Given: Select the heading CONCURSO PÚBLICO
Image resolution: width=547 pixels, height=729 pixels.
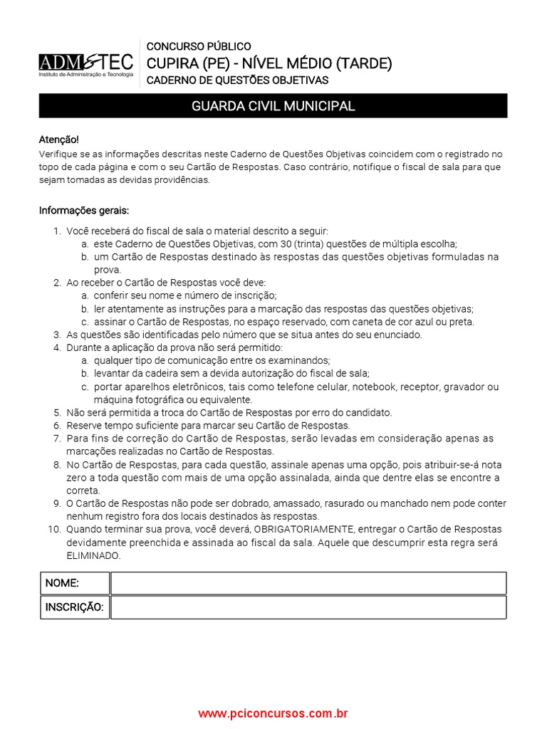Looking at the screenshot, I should [x=198, y=46].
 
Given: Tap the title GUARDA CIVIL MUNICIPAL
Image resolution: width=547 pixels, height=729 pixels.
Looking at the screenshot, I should [x=273, y=106].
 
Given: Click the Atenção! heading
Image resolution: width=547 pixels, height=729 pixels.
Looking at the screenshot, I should [x=58, y=140].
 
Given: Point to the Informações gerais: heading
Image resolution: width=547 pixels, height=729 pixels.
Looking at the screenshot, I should [x=83, y=211].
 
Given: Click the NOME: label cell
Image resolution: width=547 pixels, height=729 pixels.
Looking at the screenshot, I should [x=74, y=583].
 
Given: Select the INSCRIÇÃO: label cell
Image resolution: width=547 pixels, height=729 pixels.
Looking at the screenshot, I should [x=74, y=607].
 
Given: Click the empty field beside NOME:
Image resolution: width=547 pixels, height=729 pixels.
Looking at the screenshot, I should [x=308, y=583].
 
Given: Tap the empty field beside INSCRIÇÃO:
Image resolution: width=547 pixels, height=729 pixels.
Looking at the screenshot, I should [x=308, y=607].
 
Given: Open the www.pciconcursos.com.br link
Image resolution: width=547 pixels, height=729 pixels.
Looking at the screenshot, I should [x=273, y=713].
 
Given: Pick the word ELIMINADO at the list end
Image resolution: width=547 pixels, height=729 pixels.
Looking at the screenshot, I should [x=94, y=555].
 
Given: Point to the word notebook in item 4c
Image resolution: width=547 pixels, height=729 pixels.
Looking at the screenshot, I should [x=375, y=387].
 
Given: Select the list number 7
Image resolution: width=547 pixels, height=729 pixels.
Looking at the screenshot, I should [x=57, y=439].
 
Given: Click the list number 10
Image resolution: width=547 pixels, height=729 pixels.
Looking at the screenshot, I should [x=54, y=530].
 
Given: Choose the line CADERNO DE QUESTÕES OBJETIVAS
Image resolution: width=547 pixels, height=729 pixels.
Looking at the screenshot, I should [x=237, y=80].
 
